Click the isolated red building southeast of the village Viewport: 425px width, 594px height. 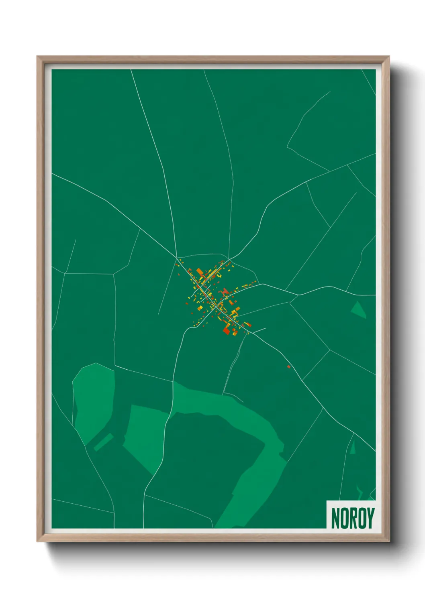tap(288, 366)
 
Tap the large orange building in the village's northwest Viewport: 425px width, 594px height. tap(200, 273)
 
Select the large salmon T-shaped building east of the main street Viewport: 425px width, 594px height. tap(225, 291)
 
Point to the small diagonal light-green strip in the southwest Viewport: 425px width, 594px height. tap(103, 442)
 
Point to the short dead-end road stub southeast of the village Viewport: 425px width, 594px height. tap(259, 331)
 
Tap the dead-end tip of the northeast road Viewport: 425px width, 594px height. tap(330, 92)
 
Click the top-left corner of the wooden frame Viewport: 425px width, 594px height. tap(37, 57)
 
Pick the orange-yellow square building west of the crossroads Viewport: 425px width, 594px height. tap(200, 308)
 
